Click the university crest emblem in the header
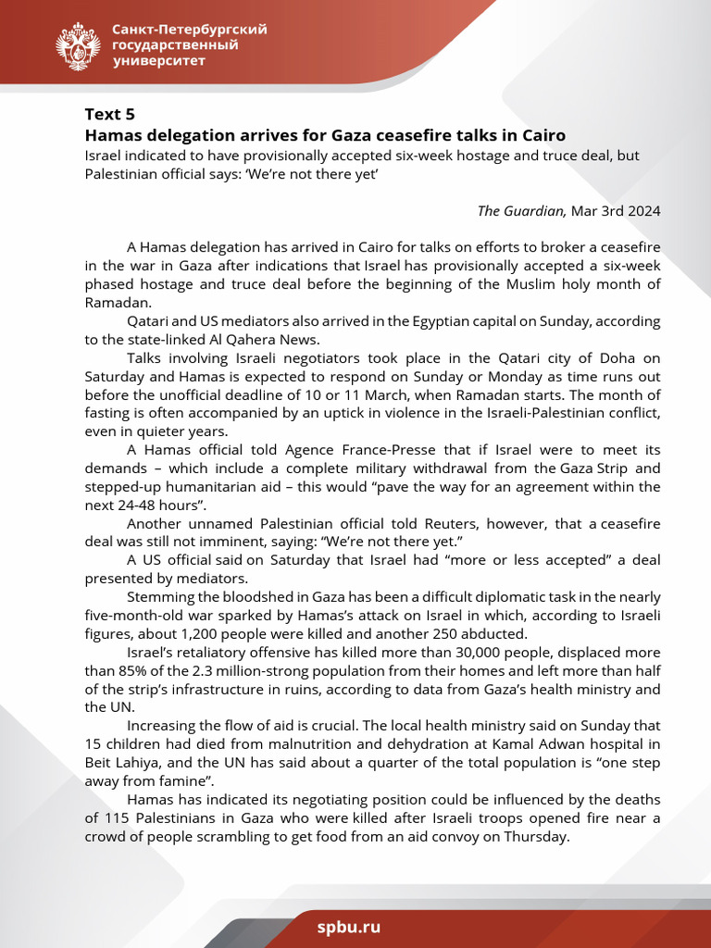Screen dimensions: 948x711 (x=78, y=46)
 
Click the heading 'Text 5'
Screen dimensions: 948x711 (x=109, y=115)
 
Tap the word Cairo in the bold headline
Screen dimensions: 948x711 (x=540, y=135)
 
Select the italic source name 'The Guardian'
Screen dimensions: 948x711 (x=521, y=210)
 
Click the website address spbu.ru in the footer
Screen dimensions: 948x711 (x=348, y=927)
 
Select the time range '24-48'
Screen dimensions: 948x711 (x=138, y=505)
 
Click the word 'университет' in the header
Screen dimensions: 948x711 (x=158, y=61)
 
